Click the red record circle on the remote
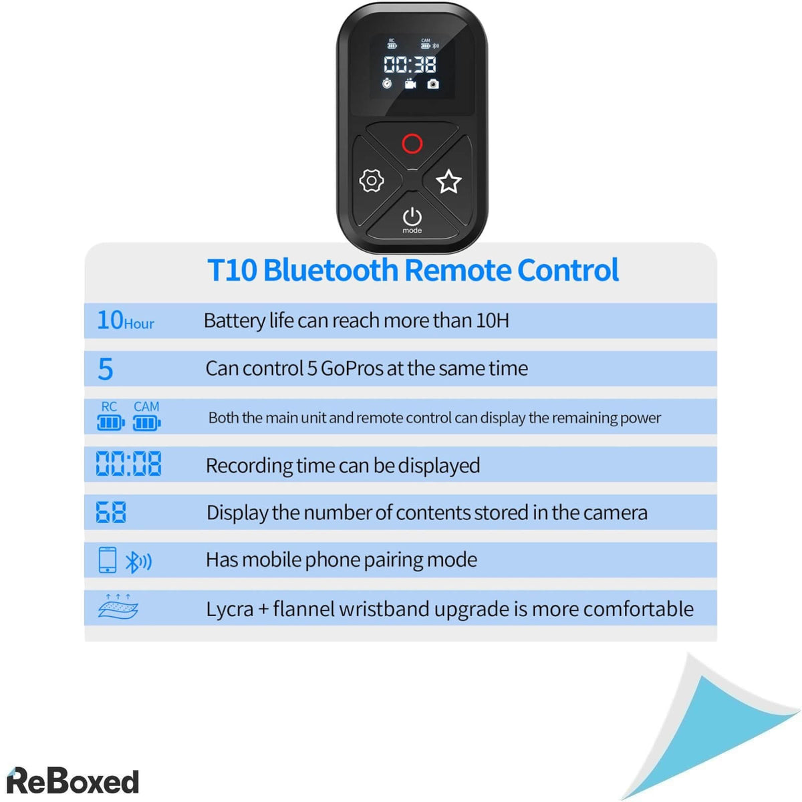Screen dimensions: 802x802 pyautogui.click(x=412, y=143)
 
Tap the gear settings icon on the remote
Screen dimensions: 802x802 pyautogui.click(x=372, y=180)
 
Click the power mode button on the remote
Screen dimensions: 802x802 pyautogui.click(x=412, y=218)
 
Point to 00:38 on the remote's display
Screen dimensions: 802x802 pyautogui.click(x=410, y=64)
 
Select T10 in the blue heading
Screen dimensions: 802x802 pyautogui.click(x=232, y=270)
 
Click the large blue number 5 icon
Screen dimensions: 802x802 pyautogui.click(x=106, y=369)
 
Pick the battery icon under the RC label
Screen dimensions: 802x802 pyautogui.click(x=110, y=422)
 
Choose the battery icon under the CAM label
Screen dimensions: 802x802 pyautogui.click(x=146, y=422)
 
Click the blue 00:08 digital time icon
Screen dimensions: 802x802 pyautogui.click(x=128, y=464)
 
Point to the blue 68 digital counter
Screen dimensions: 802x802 pyautogui.click(x=111, y=513)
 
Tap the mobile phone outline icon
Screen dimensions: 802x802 pyautogui.click(x=107, y=560)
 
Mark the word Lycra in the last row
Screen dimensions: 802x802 pyautogui.click(x=229, y=609)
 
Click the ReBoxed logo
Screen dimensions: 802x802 pyautogui.click(x=72, y=781)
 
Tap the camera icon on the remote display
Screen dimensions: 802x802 pyautogui.click(x=433, y=84)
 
